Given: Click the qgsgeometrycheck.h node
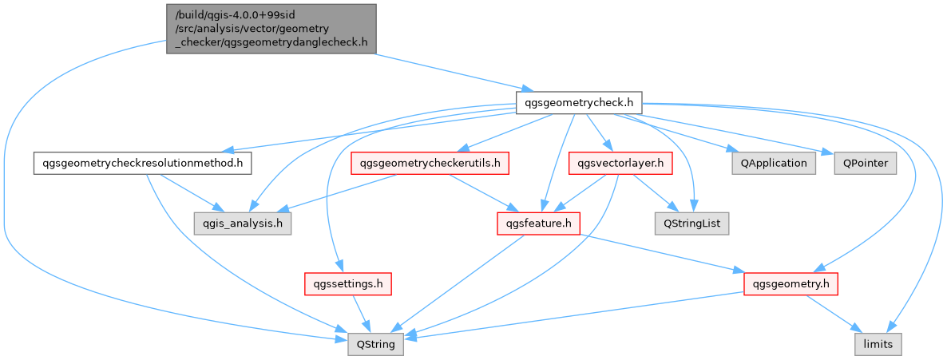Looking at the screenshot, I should pos(580,103).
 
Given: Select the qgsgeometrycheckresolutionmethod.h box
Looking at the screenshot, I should pos(142,164).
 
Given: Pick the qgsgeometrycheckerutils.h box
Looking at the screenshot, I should pos(430,164).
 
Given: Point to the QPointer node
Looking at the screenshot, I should pos(865,164).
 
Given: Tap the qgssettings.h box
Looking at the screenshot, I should pos(347,283).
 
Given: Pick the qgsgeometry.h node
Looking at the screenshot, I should pos(790,283).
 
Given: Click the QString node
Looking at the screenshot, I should pos(375,345).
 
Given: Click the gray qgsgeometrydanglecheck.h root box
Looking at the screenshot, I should pos(271,28).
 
